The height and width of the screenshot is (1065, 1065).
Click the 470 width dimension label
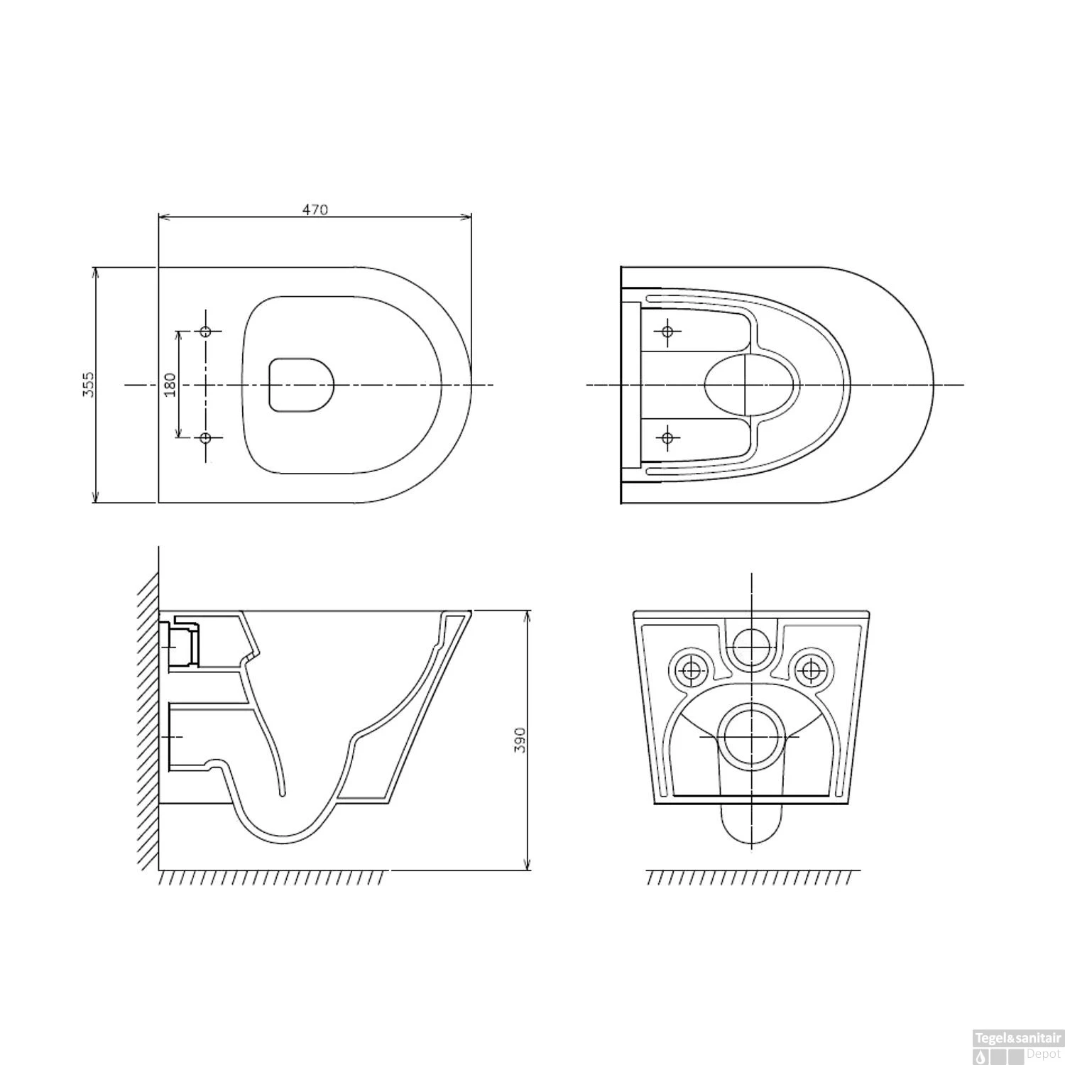(x=315, y=209)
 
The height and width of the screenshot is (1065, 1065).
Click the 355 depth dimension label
(x=88, y=384)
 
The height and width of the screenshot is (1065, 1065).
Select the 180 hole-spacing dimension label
(x=170, y=384)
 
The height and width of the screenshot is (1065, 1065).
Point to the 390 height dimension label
(x=520, y=739)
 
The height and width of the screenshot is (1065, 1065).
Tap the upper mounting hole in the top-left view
(x=206, y=332)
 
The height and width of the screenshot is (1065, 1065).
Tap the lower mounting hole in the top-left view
(x=206, y=438)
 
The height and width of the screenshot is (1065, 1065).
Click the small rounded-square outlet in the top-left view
(x=301, y=384)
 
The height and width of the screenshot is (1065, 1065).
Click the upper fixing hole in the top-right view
(x=667, y=331)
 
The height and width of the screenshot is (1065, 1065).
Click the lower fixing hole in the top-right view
(x=667, y=437)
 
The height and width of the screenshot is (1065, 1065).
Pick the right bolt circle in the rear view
(x=809, y=667)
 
